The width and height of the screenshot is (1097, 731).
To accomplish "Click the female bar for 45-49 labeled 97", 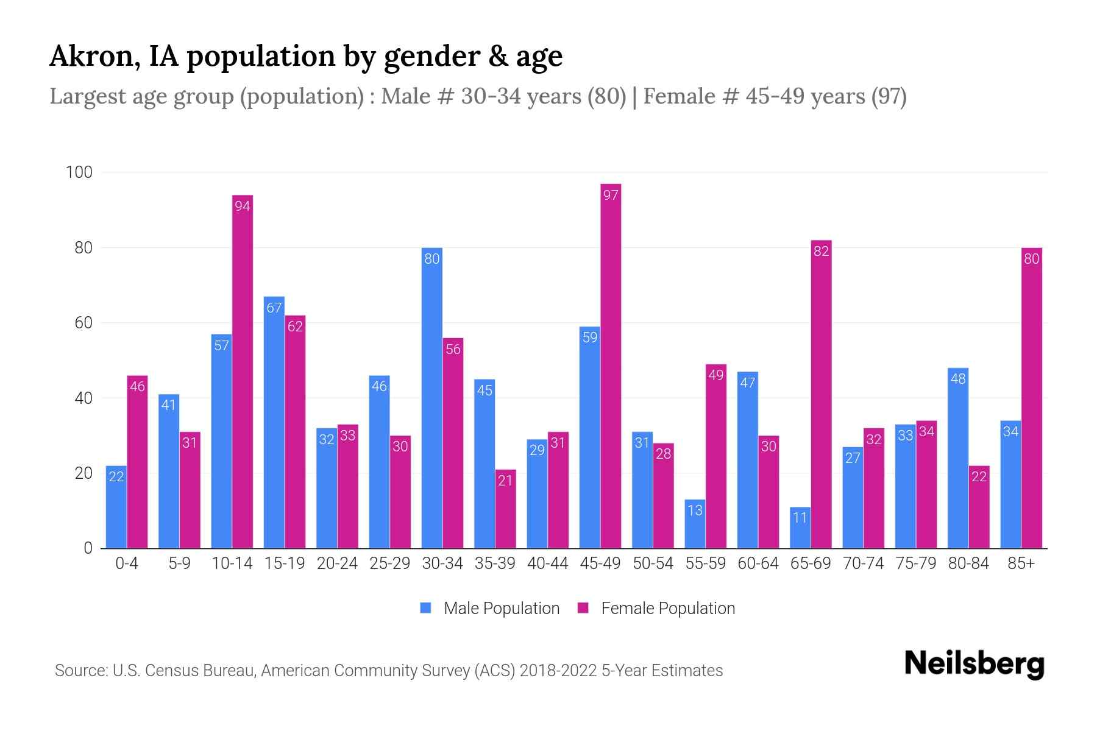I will (611, 365).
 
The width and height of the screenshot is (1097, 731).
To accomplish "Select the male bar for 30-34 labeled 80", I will (432, 398).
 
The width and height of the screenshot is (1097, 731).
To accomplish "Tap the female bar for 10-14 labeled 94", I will (243, 372).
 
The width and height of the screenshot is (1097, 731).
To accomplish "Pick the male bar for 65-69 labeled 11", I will (800, 528).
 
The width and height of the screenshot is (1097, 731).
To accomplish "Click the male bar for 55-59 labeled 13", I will (695, 524).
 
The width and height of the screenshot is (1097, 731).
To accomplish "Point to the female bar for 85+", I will (1031, 398).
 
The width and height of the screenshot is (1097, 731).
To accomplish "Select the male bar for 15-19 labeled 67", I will (274, 422).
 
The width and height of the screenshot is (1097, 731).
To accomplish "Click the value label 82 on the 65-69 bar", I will (821, 251).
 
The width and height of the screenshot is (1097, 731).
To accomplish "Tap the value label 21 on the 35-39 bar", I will (505, 481).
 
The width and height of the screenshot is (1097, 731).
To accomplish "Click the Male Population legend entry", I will (490, 609).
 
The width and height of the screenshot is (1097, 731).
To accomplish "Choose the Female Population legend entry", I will (656, 609).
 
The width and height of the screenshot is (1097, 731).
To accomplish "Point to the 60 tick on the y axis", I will (83, 323).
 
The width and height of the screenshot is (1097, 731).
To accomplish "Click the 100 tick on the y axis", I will (79, 172).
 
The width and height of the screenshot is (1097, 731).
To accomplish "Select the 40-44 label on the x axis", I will (547, 563).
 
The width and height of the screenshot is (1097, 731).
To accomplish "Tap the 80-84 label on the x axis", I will (968, 563).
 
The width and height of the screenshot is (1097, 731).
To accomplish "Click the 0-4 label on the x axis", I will (127, 563).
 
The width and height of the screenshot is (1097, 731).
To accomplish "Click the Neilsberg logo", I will (974, 664).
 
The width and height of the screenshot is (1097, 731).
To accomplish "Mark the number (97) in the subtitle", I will (889, 96).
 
